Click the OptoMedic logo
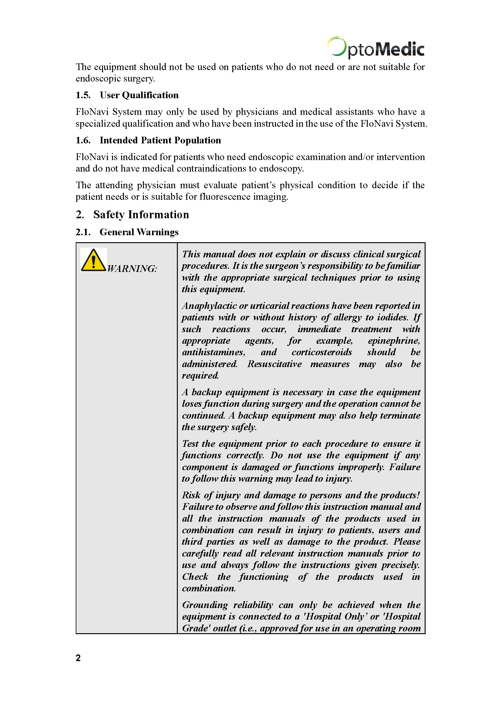coord(376,48)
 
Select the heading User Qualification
coord(139,95)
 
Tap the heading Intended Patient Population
coord(160,141)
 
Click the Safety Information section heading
coord(141,215)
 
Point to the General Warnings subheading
coord(139,232)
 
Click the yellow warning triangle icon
coord(93,261)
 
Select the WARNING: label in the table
coord(132,269)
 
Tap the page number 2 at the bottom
coord(78,658)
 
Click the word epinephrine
coord(394,341)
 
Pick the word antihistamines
coord(214,353)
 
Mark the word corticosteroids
coord(322,353)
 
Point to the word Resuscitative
coord(274,364)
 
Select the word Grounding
coord(205,605)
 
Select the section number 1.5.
coord(83,95)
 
